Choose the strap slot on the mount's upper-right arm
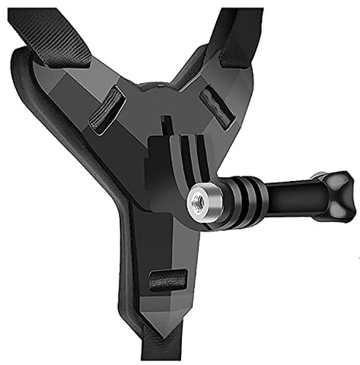point(215,106)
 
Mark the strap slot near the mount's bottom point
point(168,280)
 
